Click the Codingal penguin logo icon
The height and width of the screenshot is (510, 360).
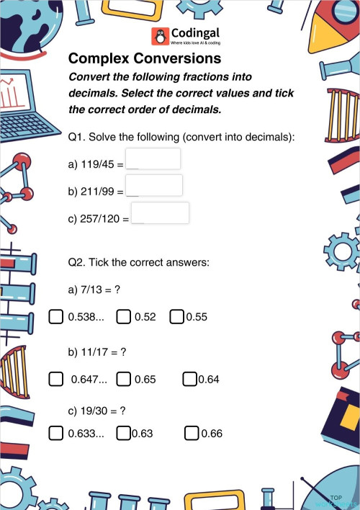point(159,37)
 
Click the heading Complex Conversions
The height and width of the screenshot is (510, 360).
point(145,58)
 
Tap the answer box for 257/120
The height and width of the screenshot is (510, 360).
point(160,213)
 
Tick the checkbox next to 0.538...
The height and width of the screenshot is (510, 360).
point(55,316)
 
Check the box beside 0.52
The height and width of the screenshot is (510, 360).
point(124,316)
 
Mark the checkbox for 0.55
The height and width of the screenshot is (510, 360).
point(177,316)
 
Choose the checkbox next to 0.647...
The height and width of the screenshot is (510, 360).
point(55,378)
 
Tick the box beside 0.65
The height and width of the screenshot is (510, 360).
point(124,378)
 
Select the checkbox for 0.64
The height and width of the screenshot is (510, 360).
point(190,378)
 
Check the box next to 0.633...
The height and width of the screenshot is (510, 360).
point(55,433)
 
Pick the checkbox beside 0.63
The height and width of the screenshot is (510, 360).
point(123,433)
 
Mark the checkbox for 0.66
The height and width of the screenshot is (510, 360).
point(192,433)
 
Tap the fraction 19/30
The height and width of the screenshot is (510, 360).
point(95,411)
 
